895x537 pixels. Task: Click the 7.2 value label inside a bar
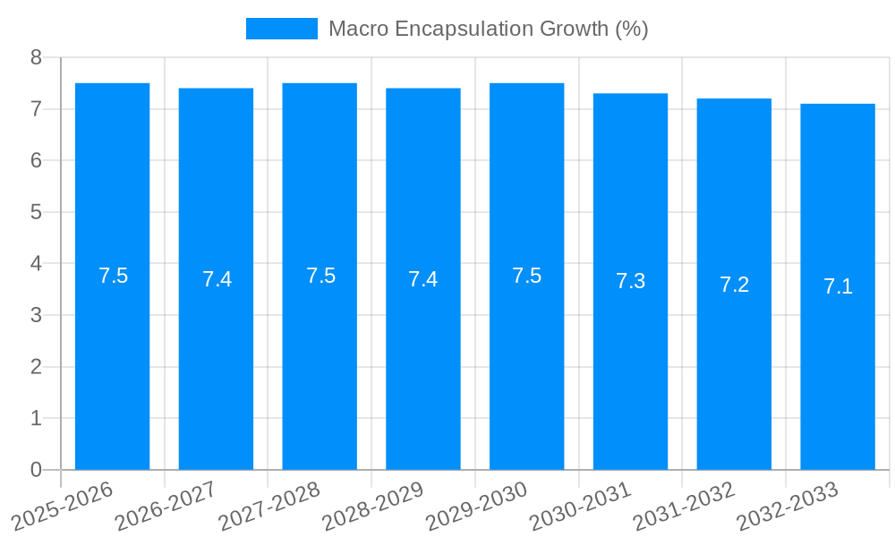(734, 285)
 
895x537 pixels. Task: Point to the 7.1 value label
(838, 286)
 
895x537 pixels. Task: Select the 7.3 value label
(630, 281)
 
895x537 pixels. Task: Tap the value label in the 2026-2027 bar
(217, 279)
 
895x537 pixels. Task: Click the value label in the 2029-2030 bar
(526, 276)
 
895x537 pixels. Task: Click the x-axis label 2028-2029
(373, 506)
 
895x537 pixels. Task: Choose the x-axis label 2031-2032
(685, 506)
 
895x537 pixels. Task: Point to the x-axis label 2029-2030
(477, 506)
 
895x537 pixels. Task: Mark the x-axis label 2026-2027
(166, 506)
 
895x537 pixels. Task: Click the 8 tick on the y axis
(36, 57)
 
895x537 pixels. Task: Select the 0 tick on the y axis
(36, 470)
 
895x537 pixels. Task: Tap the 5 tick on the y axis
(36, 212)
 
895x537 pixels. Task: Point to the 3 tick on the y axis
(36, 315)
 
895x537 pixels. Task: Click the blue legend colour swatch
(281, 29)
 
